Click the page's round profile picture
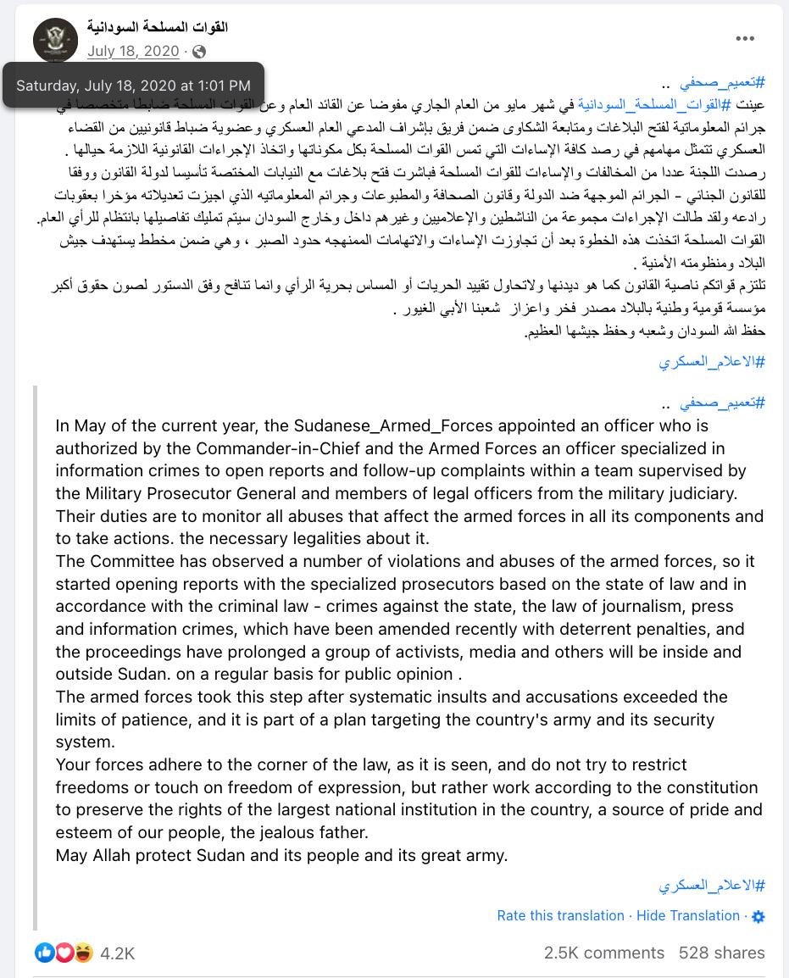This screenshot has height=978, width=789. pyautogui.click(x=55, y=39)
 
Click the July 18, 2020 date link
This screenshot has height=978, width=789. pyautogui.click(x=133, y=52)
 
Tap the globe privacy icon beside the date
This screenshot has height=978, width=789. pyautogui.click(x=199, y=52)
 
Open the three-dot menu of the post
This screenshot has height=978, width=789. pyautogui.click(x=745, y=38)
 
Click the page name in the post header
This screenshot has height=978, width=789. pyautogui.click(x=158, y=27)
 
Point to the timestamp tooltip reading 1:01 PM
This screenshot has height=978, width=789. pyautogui.click(x=133, y=85)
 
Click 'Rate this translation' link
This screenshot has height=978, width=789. pyautogui.click(x=560, y=915)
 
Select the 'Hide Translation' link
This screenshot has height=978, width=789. pyautogui.click(x=687, y=915)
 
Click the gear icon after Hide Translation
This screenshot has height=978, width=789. pyautogui.click(x=758, y=916)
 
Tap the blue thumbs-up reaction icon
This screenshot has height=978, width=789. pyautogui.click(x=45, y=953)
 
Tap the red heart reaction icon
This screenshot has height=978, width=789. pyautogui.click(x=64, y=953)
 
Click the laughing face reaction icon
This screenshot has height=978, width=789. pyautogui.click(x=83, y=953)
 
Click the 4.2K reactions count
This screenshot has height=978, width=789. pyautogui.click(x=117, y=953)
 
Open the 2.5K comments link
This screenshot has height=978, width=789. pyautogui.click(x=603, y=953)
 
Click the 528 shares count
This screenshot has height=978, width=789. pyautogui.click(x=721, y=953)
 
